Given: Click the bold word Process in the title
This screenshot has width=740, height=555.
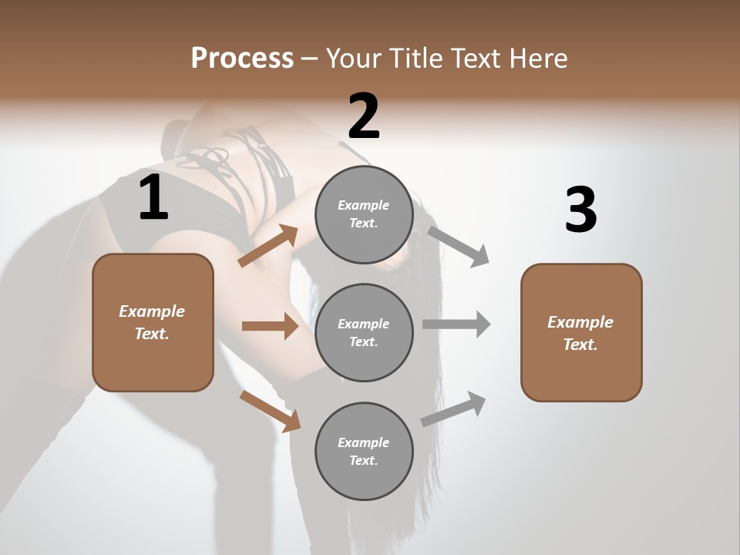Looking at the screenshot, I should [x=242, y=59].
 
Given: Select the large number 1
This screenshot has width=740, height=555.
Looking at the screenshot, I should [x=153, y=198].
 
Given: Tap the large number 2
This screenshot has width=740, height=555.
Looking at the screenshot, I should [x=364, y=116].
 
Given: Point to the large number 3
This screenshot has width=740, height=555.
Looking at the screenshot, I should [x=580, y=210].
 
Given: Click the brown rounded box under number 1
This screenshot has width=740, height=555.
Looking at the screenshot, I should [x=153, y=322].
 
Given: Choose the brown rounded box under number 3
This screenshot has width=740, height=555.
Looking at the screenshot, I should [x=581, y=332].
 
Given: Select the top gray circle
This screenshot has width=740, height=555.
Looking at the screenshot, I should [x=364, y=214].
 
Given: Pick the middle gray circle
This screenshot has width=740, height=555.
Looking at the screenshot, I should [x=364, y=332].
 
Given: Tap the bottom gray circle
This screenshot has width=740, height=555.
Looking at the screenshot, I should [x=364, y=451].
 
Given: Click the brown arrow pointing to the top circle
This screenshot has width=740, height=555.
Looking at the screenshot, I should [x=268, y=246].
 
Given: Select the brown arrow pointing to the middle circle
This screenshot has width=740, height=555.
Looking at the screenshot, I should [x=270, y=326].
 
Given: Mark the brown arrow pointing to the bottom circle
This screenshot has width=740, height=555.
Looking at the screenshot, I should [x=270, y=410].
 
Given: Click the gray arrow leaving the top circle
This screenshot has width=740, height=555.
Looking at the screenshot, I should [x=459, y=246].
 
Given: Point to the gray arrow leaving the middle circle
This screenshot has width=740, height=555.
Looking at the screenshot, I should [x=456, y=325].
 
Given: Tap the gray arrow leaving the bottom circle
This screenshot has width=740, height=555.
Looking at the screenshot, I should [x=454, y=409].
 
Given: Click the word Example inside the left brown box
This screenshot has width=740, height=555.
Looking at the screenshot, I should [x=152, y=311].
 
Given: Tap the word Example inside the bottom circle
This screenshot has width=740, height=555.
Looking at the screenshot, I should [x=363, y=442].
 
